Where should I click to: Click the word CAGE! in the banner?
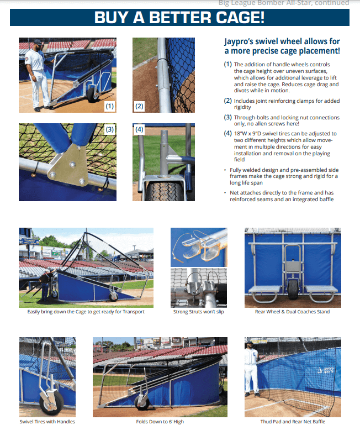point(233,17)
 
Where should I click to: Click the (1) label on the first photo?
point(109,105)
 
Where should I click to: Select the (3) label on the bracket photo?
point(109,130)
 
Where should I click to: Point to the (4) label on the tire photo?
point(139,130)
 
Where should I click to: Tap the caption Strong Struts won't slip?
point(198,312)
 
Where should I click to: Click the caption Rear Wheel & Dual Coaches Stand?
point(292,312)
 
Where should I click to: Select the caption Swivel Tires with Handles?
point(47,422)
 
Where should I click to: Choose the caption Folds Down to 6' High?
point(160,422)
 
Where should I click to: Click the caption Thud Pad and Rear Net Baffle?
point(292,422)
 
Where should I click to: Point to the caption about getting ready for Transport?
point(86,312)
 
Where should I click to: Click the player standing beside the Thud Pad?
point(252,376)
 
